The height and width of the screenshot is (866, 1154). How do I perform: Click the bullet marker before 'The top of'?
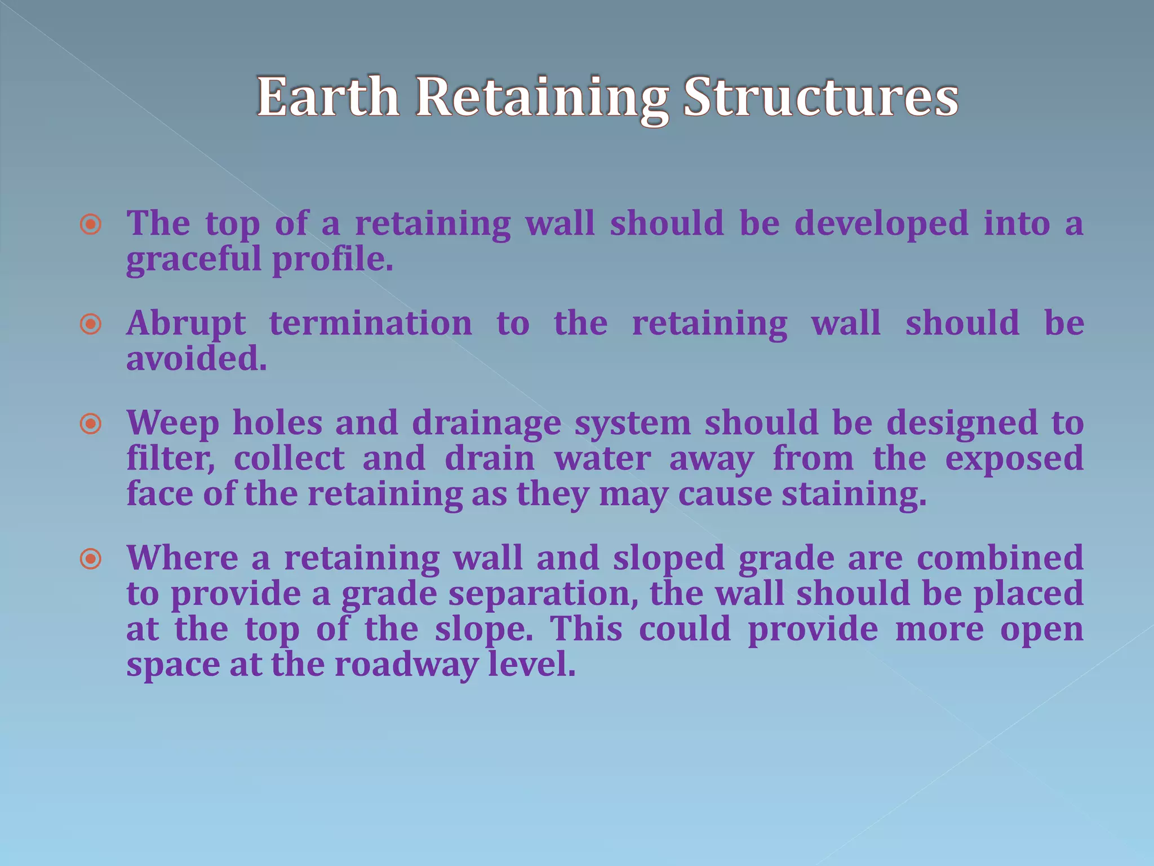click(x=91, y=225)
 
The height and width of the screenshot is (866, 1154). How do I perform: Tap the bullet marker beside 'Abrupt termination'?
click(x=91, y=325)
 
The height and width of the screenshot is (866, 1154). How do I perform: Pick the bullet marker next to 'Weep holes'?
click(x=91, y=424)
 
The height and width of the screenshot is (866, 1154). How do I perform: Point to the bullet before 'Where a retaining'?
click(x=91, y=559)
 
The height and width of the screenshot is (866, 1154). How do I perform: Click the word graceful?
click(x=194, y=260)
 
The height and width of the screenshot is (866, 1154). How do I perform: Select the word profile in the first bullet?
click(x=332, y=260)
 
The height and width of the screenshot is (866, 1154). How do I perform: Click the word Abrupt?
click(x=186, y=324)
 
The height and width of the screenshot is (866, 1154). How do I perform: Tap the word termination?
click(x=371, y=324)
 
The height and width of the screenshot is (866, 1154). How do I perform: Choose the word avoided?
click(x=196, y=359)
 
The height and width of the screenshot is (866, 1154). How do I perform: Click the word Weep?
click(x=172, y=423)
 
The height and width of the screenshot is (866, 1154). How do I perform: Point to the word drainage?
click(x=486, y=423)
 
